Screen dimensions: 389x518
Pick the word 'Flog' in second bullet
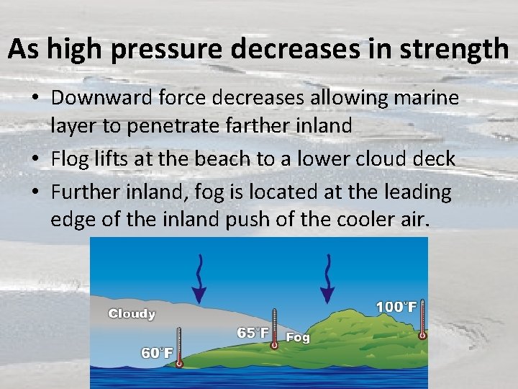coord(71,159)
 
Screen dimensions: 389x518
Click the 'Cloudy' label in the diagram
coord(132,313)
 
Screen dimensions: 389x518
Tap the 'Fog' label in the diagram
coord(298,337)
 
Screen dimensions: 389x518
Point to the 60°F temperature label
coord(158,352)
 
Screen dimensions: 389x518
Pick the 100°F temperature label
coord(396,307)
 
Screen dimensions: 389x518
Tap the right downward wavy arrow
coord(328,278)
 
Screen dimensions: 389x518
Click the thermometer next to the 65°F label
coord(274,328)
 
